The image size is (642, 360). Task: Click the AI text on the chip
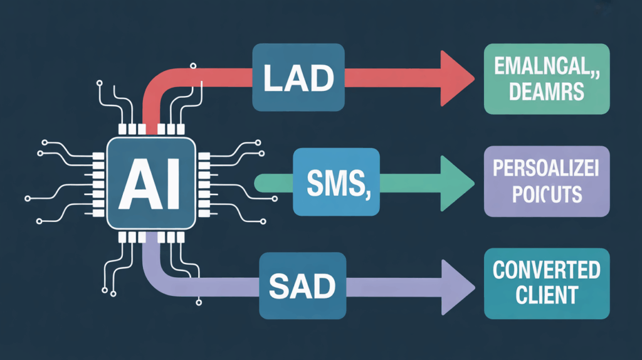coord(152,182)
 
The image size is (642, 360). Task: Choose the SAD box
coord(303,286)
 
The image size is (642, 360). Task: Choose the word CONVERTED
coord(547,271)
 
